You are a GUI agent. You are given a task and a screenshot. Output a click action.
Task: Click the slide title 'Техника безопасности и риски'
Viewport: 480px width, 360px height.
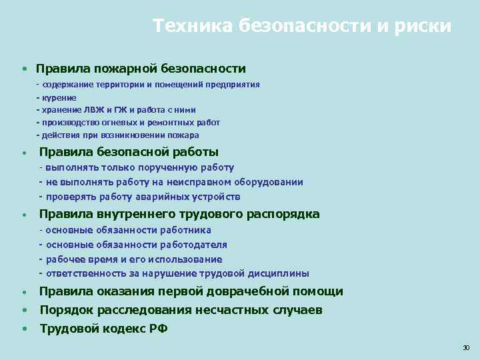(x=301, y=26)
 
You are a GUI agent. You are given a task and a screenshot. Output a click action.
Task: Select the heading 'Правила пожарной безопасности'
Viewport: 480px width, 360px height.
(x=141, y=69)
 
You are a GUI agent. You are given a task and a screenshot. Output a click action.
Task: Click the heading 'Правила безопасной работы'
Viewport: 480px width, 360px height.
(x=129, y=152)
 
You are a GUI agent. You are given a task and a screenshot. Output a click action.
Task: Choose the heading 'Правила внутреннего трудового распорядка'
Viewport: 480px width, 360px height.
(x=179, y=214)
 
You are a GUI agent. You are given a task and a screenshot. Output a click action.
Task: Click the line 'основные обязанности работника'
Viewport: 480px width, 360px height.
(x=128, y=230)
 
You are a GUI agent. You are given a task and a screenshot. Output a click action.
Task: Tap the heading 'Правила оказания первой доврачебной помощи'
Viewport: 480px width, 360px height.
(x=191, y=291)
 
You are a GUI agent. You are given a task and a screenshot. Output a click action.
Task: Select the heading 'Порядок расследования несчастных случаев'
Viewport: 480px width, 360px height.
(x=181, y=310)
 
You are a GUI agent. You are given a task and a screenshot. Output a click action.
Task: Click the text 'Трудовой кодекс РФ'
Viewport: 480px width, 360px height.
(x=104, y=328)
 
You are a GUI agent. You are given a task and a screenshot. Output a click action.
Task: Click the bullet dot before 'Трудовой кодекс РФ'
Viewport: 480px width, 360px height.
(x=24, y=329)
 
